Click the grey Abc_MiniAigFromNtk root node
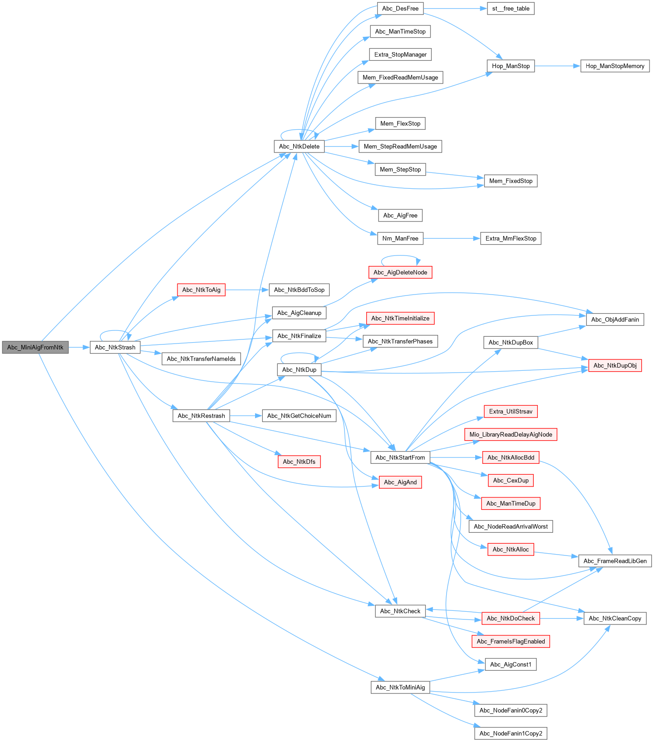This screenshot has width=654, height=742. pyautogui.click(x=35, y=347)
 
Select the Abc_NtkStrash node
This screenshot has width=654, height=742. pyautogui.click(x=115, y=347)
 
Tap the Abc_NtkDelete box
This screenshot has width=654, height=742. pyautogui.click(x=299, y=146)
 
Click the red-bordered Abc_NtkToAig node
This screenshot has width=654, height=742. pyautogui.click(x=201, y=290)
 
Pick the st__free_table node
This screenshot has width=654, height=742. pyautogui.click(x=511, y=8)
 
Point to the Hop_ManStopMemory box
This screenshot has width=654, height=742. pyautogui.click(x=615, y=66)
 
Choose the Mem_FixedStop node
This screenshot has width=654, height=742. pyautogui.click(x=511, y=181)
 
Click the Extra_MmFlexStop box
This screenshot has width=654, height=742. pyautogui.click(x=511, y=238)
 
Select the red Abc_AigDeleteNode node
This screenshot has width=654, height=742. pyautogui.click(x=400, y=272)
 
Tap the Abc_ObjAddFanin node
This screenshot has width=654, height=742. pyautogui.click(x=615, y=319)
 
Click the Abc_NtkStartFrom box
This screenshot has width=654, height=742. pyautogui.click(x=400, y=457)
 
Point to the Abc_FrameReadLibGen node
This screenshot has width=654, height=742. pyautogui.click(x=615, y=561)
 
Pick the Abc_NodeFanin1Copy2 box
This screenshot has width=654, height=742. pyautogui.click(x=511, y=733)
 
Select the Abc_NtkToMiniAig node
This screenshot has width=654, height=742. pyautogui.click(x=400, y=687)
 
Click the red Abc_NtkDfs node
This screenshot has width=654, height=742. pyautogui.click(x=299, y=462)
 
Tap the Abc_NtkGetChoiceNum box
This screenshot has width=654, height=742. pyautogui.click(x=299, y=416)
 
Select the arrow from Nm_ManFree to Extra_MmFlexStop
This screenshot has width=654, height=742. pyautogui.click(x=452, y=238)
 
